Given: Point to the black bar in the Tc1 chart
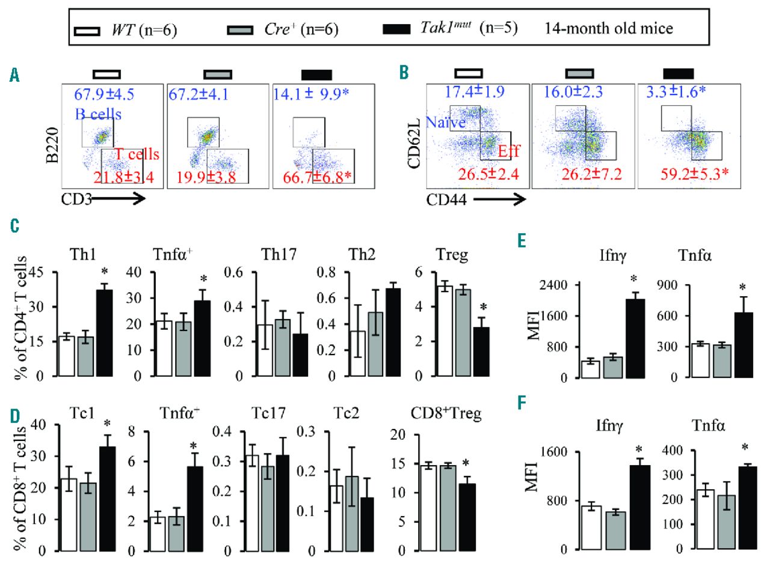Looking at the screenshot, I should point(107,499).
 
